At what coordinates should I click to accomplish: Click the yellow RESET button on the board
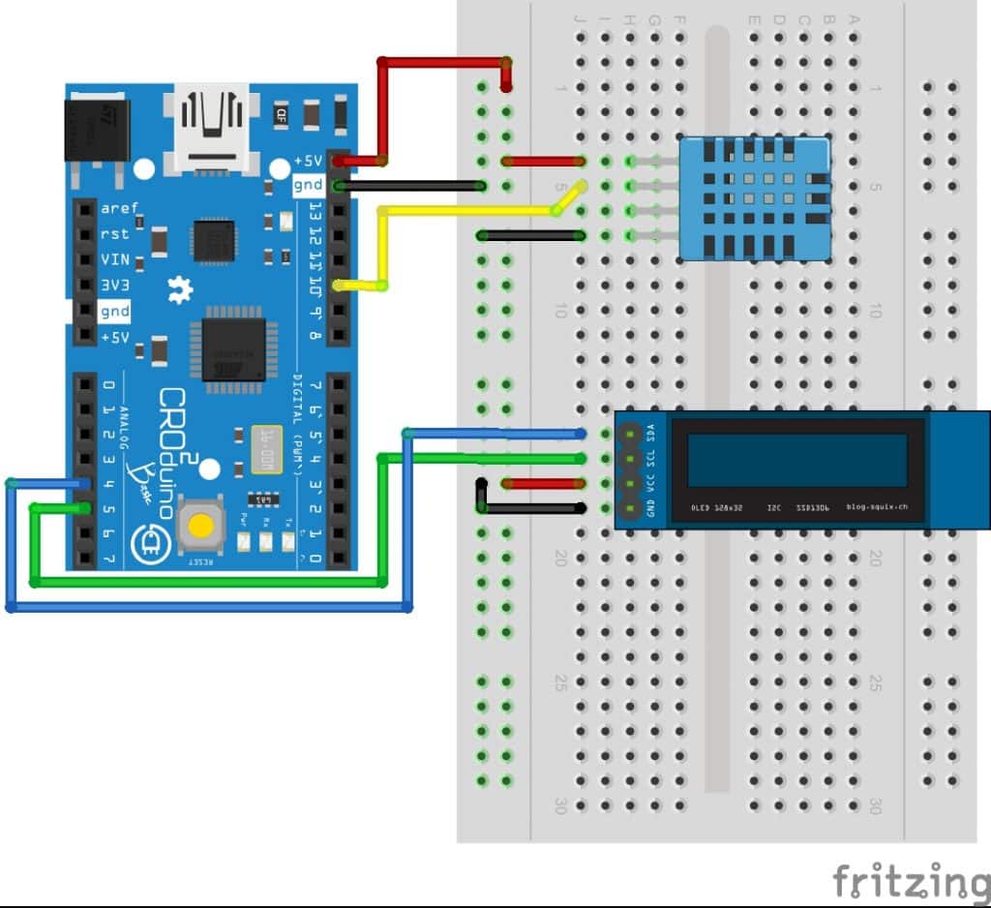(201, 526)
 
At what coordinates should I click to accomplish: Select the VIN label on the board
(115, 260)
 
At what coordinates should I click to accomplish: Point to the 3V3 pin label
(115, 286)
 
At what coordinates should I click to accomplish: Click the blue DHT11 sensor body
(754, 197)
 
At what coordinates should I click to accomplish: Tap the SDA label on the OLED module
(649, 433)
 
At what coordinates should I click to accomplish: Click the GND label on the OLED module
(649, 507)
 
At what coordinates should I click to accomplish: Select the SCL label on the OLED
(649, 457)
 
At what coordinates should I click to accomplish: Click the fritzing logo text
(911, 881)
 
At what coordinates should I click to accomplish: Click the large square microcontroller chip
(233, 346)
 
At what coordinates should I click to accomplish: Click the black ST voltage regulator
(93, 129)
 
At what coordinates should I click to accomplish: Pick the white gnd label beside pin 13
(309, 184)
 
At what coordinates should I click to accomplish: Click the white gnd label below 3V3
(114, 312)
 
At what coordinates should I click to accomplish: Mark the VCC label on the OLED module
(649, 482)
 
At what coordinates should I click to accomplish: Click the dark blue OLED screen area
(797, 460)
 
